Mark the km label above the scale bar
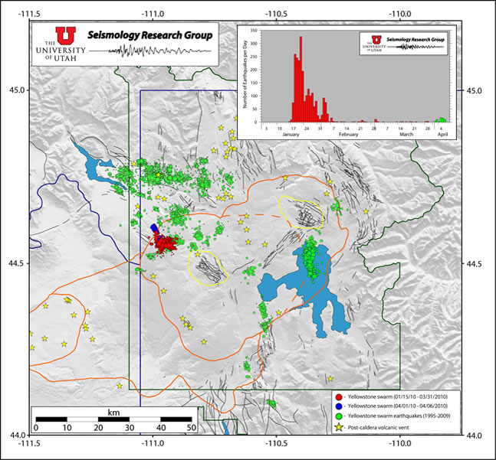[x=113, y=412]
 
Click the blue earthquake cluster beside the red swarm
[x=156, y=227]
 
